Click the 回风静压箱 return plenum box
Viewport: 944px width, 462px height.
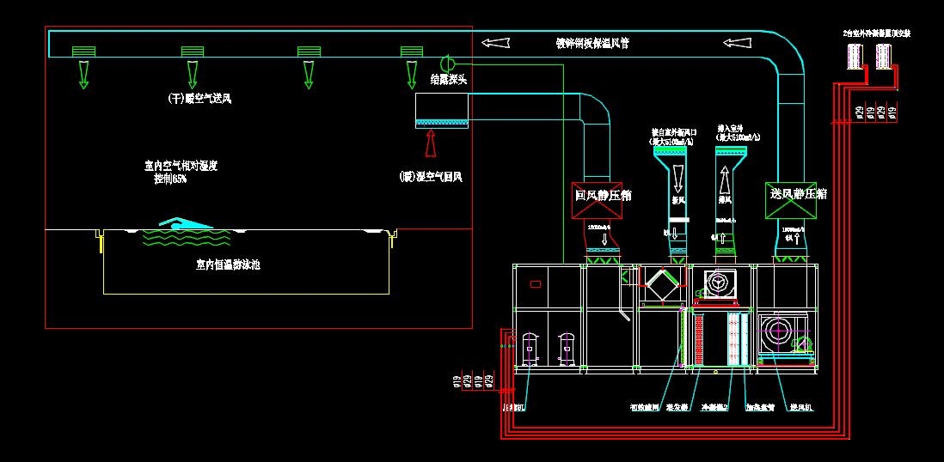coord(603,196)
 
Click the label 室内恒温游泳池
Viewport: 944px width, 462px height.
coord(228,264)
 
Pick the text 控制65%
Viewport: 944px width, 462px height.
coord(170,179)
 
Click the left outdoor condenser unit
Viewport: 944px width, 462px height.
coord(855,56)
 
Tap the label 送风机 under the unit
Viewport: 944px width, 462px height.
coord(802,407)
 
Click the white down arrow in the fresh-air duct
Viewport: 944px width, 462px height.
coord(678,178)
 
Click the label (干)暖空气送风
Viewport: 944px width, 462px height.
coord(199,99)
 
